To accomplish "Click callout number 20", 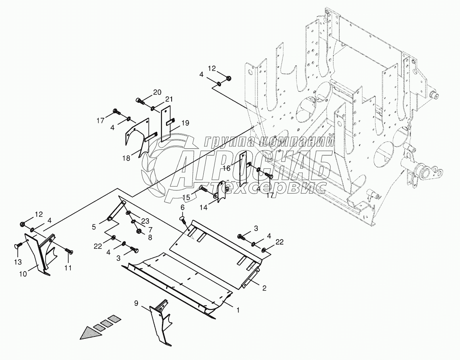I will coord(157,92).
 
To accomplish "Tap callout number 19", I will coord(185,123).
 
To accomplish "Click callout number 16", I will coord(226,168).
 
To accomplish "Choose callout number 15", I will coord(186,198).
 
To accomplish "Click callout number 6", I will coord(182,207).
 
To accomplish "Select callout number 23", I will coord(145,221).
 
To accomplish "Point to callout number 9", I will coord(136,303).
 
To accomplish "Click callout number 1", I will coord(239,310).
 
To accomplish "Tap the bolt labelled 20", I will coord(140,102).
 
